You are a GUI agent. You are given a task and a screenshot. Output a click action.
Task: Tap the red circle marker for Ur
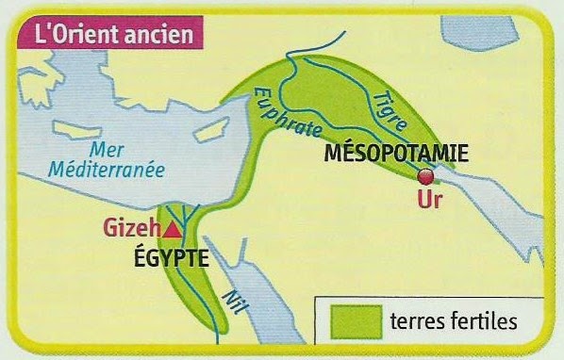pyautogui.click(x=426, y=177)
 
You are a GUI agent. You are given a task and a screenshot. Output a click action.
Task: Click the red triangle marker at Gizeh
pyautogui.click(x=173, y=229)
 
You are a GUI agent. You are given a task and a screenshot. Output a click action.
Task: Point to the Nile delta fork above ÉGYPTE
pyautogui.click(x=189, y=218)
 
